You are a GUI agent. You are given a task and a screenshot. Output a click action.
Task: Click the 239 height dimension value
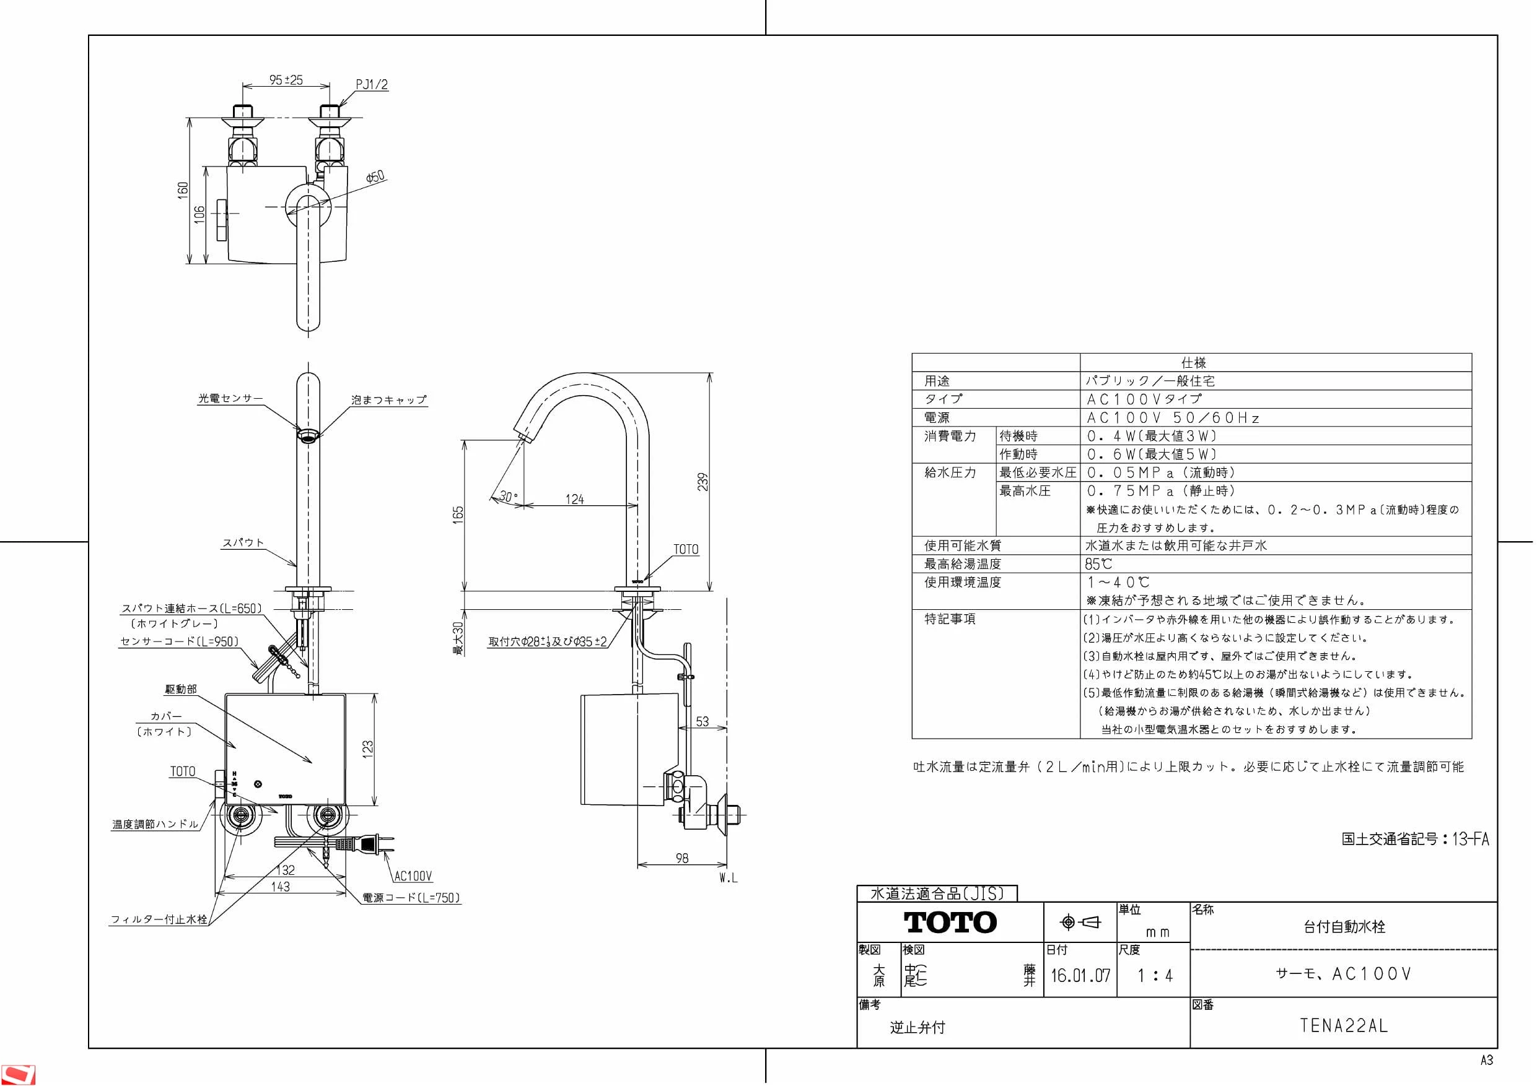point(703,482)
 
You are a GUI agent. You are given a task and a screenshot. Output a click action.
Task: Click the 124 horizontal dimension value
point(574,499)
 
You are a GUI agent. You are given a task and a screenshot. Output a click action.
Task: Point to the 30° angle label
point(509,497)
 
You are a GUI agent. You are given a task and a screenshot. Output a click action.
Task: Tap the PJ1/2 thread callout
point(372,85)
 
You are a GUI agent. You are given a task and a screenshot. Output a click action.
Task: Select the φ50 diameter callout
point(375,176)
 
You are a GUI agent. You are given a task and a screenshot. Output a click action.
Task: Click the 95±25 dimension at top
point(286,80)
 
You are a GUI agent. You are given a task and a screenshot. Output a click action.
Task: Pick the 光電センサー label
point(230,398)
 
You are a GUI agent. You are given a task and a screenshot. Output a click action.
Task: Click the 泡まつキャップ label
point(389,399)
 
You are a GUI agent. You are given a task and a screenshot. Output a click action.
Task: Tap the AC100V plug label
point(413,876)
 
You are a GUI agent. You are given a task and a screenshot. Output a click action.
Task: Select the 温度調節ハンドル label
point(155,824)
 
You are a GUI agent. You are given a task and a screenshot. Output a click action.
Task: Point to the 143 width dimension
point(281,887)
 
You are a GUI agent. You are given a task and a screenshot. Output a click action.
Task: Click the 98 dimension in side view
point(682,858)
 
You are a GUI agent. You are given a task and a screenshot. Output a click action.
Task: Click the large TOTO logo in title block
point(950,923)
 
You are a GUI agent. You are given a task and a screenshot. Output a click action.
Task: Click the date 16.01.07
point(1080,975)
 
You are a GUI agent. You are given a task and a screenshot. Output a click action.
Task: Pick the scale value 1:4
point(1155,976)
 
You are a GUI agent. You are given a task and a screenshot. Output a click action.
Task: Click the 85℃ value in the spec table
point(1098,564)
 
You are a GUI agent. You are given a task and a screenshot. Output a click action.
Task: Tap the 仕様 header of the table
point(1194,363)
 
